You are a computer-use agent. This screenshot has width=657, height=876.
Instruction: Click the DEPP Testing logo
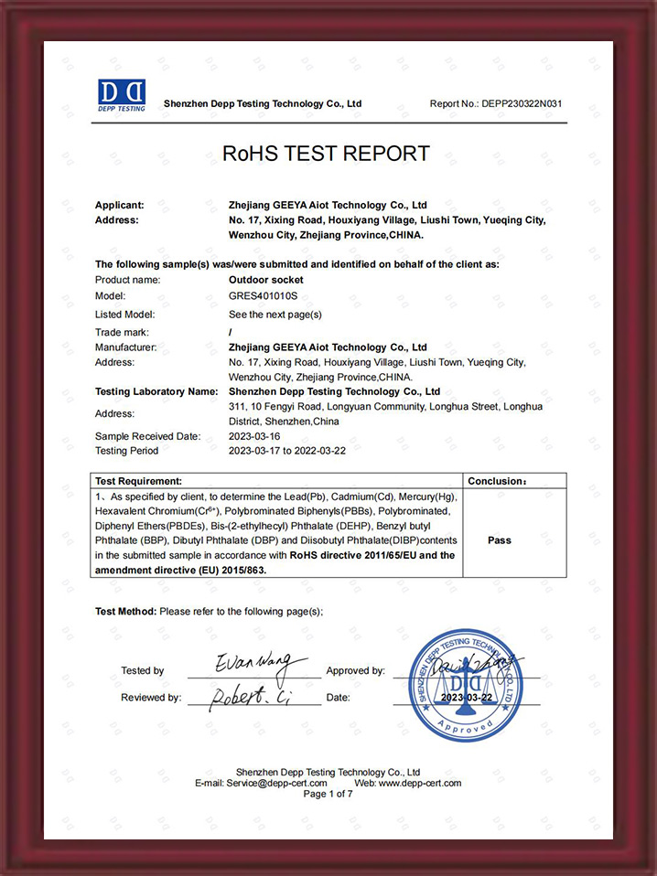(122, 95)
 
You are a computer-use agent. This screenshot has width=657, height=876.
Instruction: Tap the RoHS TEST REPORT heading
(326, 154)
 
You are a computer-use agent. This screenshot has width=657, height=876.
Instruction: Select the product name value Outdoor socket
(265, 280)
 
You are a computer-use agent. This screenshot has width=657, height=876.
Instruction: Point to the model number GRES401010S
(262, 296)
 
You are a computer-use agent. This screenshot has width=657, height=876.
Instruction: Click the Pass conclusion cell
(500, 540)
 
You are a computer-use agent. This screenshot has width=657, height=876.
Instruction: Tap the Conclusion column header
(497, 481)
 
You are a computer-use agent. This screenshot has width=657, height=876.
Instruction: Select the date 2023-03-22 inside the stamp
(467, 698)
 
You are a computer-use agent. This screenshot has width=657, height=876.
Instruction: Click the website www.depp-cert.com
(419, 784)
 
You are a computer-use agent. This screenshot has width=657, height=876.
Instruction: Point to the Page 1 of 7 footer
(328, 795)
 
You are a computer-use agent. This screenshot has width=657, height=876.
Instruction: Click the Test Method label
(125, 612)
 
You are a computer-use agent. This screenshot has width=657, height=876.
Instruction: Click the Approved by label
(355, 671)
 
